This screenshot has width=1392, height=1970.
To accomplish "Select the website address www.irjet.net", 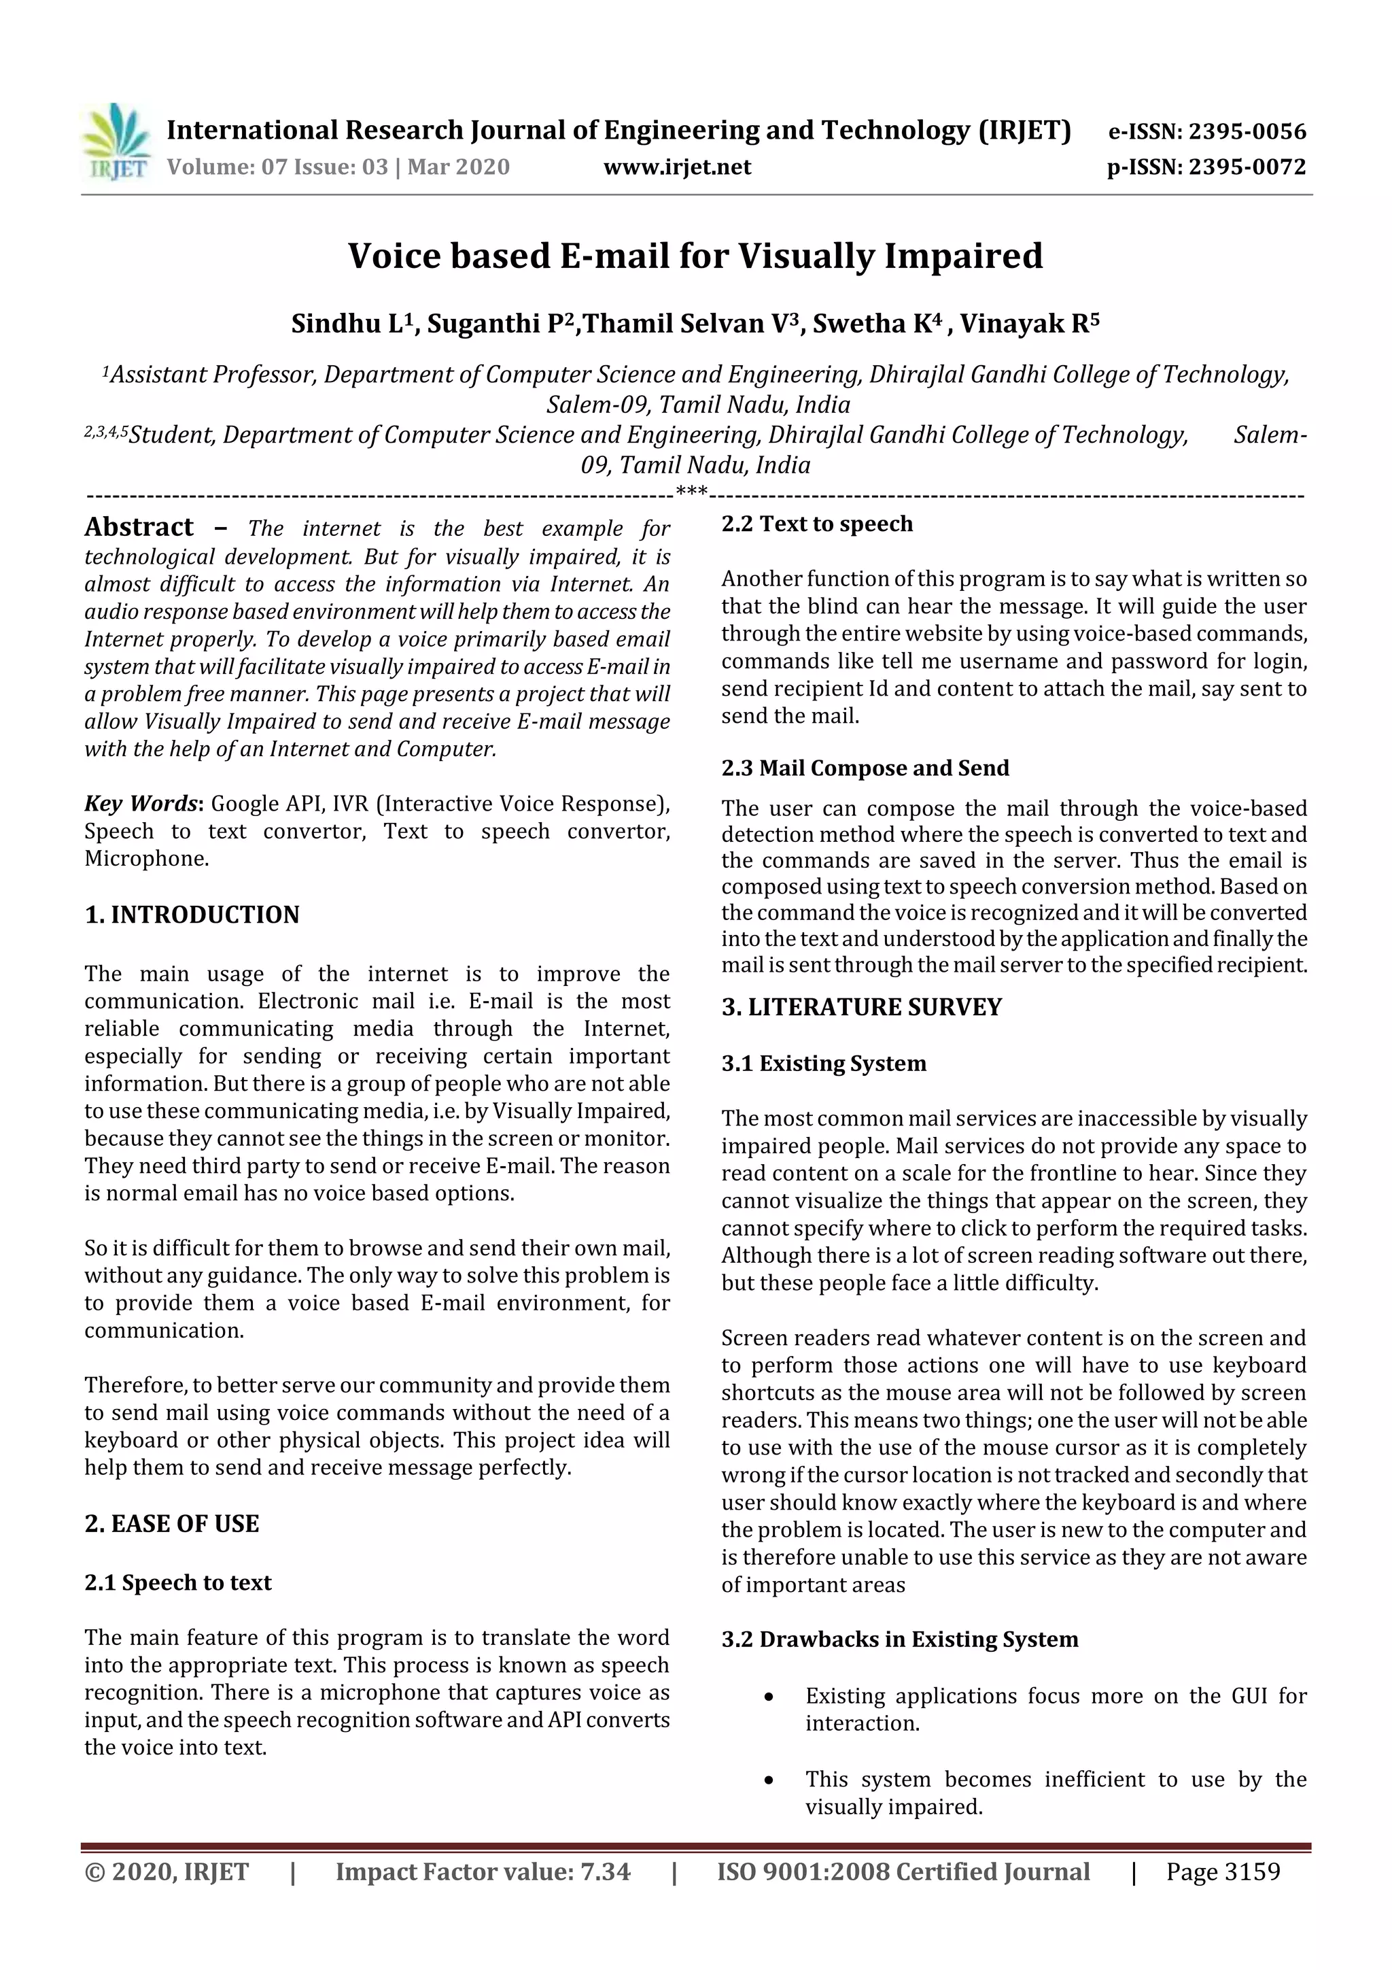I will click(x=677, y=167).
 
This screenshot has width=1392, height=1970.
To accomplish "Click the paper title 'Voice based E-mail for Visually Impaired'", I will click(x=695, y=256).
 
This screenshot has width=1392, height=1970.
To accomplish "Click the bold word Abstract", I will click(x=139, y=527).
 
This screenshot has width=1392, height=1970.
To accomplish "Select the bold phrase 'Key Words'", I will click(x=141, y=803).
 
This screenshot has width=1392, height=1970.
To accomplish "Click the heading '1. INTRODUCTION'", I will click(x=192, y=915).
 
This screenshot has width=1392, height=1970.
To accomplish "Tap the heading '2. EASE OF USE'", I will click(x=171, y=1524).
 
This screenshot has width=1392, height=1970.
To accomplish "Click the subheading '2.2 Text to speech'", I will click(x=816, y=524).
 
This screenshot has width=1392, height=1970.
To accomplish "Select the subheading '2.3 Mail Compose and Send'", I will click(x=865, y=768).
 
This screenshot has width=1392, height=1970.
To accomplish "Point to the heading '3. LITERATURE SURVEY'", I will click(x=861, y=1007).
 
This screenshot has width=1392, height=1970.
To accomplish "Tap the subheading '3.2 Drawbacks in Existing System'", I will click(x=899, y=1640).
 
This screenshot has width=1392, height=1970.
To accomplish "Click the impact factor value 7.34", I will click(x=606, y=1872).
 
